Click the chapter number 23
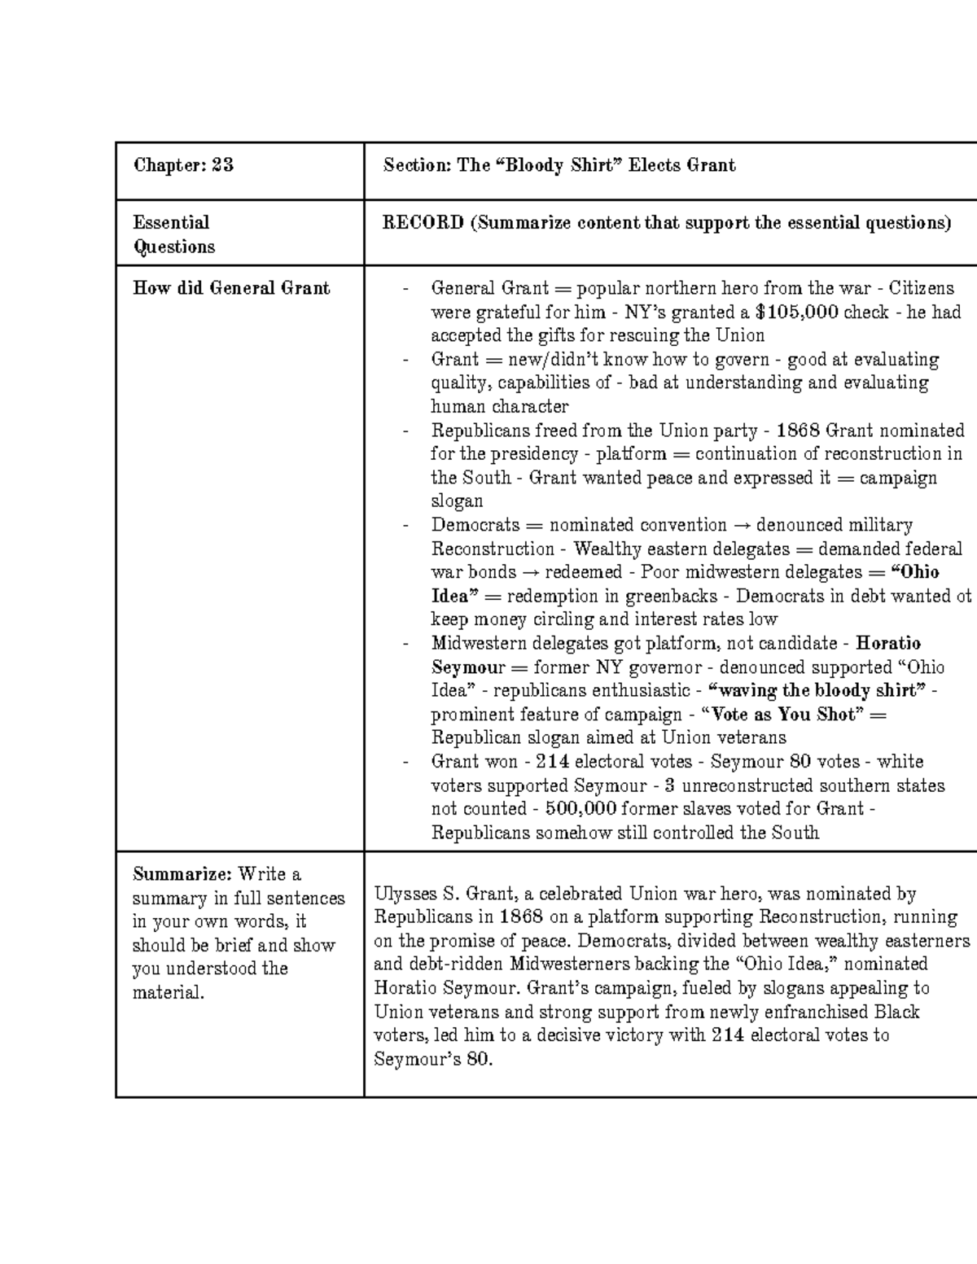tap(222, 165)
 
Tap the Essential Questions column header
tap(173, 234)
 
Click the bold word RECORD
tap(423, 222)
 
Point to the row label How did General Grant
tap(231, 287)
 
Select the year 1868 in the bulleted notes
tap(799, 430)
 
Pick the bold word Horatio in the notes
tap(888, 643)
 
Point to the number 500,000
tap(580, 808)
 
